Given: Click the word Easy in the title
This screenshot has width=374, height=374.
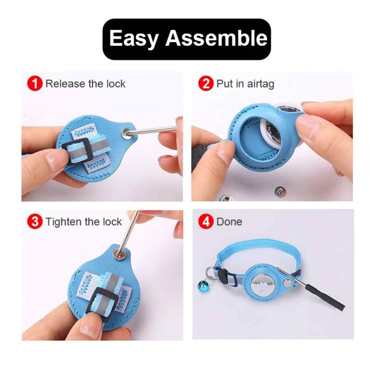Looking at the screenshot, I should tap(134, 39).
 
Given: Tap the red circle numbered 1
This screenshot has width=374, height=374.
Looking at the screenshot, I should tap(35, 84).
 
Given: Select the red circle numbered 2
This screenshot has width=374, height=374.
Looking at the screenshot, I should tap(205, 84).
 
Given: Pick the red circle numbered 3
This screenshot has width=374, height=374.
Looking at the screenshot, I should tap(35, 222).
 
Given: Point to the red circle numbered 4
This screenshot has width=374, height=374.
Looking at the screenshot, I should tap(205, 222).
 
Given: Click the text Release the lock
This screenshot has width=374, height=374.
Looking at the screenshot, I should tap(85, 84).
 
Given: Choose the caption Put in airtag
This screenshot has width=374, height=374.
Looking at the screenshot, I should tap(245, 84).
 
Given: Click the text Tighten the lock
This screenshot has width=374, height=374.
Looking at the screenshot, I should tap(83, 222).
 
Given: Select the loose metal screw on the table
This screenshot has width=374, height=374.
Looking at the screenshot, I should tap(280, 190).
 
